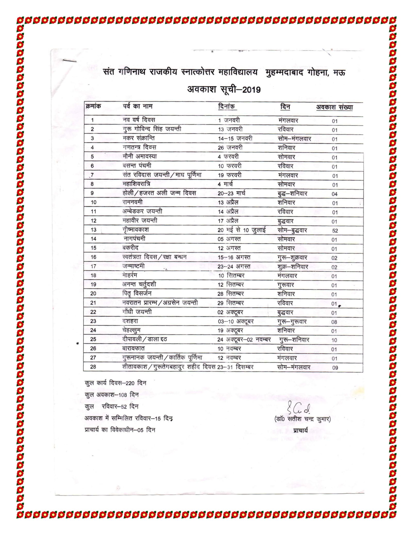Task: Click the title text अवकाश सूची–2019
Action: pyautogui.click(x=224, y=90)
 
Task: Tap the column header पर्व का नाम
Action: pyautogui.click(x=138, y=106)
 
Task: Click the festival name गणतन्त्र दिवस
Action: pyautogui.click(x=139, y=148)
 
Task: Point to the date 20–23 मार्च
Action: pyautogui.click(x=232, y=193)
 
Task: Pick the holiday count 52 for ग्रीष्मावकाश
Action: pyautogui.click(x=335, y=231)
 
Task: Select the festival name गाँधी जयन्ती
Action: pyautogui.click(x=137, y=312)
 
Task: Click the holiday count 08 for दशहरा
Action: pyautogui.click(x=334, y=322)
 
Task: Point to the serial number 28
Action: pyautogui.click(x=93, y=367)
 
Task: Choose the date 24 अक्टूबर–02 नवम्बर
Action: pyautogui.click(x=244, y=340)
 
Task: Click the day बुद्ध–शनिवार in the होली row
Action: pyautogui.click(x=292, y=193)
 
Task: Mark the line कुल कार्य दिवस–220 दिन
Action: pyautogui.click(x=115, y=383)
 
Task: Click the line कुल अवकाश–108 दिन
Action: pyautogui.click(x=112, y=395)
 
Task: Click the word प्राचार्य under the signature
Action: pyautogui.click(x=301, y=430)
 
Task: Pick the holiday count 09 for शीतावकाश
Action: pyautogui.click(x=335, y=368)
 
